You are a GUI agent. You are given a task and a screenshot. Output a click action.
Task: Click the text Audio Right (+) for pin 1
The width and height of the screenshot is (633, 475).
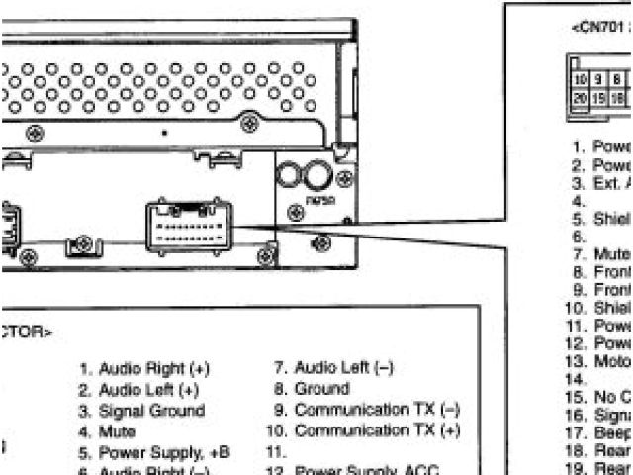pos(153,368)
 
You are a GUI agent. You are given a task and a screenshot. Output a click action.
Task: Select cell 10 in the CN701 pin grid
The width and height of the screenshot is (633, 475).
pos(580,77)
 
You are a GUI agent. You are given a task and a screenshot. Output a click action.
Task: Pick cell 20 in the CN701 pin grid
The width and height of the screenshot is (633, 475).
pos(580,99)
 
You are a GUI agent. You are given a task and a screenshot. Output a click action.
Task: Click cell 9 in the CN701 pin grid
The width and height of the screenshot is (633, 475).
pos(598,77)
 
